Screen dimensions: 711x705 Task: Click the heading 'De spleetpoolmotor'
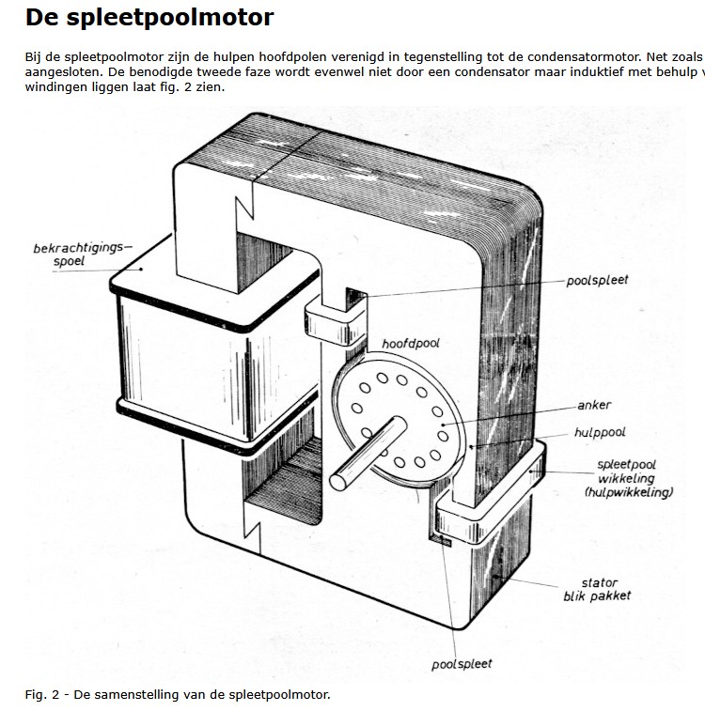(x=149, y=17)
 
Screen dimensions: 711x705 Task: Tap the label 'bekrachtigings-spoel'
(x=83, y=255)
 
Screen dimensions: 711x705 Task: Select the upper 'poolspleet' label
(x=598, y=280)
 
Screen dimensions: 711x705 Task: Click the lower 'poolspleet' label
(x=462, y=664)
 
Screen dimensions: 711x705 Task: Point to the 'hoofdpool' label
(x=411, y=345)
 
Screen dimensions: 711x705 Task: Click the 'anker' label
(x=595, y=406)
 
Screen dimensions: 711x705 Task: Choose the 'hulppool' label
(x=600, y=433)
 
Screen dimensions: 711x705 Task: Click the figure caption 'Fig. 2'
(x=178, y=695)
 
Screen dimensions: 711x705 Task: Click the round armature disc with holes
(x=396, y=419)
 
